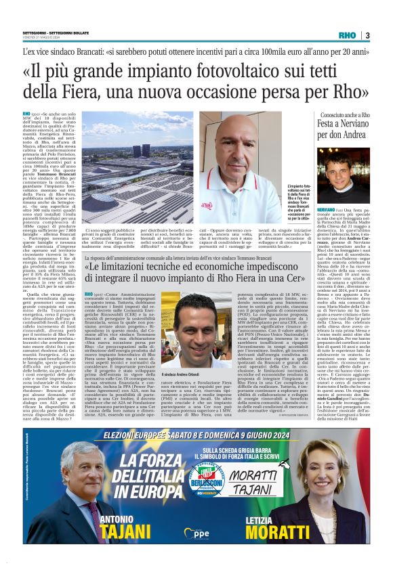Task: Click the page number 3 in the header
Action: pos(367,35)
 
